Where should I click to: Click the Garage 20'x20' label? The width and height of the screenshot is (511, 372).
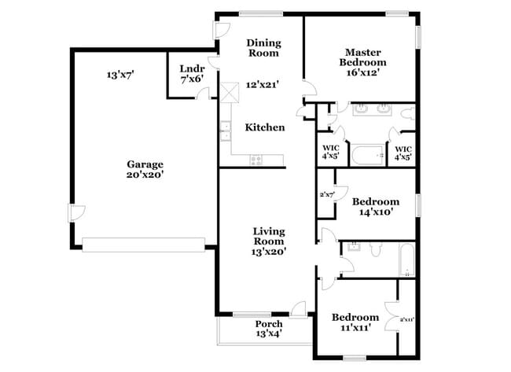[145, 169]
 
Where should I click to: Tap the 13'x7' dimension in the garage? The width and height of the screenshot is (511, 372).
[120, 76]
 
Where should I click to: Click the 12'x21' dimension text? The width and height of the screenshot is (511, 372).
[263, 84]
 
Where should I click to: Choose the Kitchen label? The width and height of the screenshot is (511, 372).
[265, 127]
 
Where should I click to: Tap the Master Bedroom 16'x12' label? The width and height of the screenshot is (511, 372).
[362, 61]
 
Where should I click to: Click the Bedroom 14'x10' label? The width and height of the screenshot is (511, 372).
[375, 206]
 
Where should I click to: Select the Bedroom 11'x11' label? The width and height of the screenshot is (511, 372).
[355, 322]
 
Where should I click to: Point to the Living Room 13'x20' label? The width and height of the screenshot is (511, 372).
[269, 241]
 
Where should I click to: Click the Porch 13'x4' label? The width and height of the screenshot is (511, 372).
[269, 329]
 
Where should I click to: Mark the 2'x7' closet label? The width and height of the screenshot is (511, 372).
[327, 194]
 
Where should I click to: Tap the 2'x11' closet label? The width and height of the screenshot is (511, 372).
[407, 319]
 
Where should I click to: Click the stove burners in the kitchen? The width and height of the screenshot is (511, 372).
[256, 160]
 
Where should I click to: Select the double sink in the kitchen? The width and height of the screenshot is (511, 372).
[225, 131]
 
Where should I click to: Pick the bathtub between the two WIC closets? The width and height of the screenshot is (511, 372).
[368, 154]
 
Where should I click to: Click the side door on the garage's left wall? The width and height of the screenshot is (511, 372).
[75, 213]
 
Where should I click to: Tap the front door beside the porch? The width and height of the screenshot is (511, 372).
[298, 308]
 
